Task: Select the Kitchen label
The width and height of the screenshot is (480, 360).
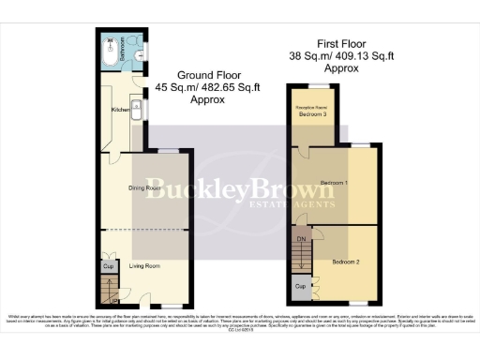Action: (119, 110)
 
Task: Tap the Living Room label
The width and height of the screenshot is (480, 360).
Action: (144, 266)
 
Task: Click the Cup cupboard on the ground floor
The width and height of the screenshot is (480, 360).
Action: (106, 266)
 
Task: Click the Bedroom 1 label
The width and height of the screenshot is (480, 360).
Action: (334, 181)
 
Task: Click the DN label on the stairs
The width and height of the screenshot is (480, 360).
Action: (301, 239)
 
